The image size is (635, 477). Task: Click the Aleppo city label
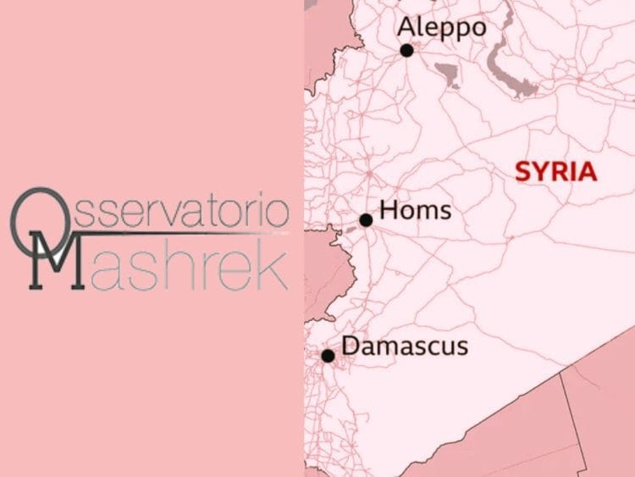pyautogui.click(x=442, y=28)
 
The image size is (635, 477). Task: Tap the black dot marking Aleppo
pyautogui.click(x=406, y=50)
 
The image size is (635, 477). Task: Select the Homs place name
pyautogui.click(x=415, y=210)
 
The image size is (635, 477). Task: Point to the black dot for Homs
pyautogui.click(x=366, y=220)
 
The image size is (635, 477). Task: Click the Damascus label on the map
pyautogui.click(x=404, y=346)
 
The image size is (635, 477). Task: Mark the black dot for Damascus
pyautogui.click(x=328, y=356)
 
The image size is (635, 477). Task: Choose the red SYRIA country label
pyautogui.click(x=555, y=172)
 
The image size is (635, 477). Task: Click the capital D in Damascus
pyautogui.click(x=351, y=346)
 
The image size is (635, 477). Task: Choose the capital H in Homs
pyautogui.click(x=389, y=210)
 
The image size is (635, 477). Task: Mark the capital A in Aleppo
pyautogui.click(x=408, y=28)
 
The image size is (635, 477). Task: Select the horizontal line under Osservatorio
pyautogui.click(x=169, y=231)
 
